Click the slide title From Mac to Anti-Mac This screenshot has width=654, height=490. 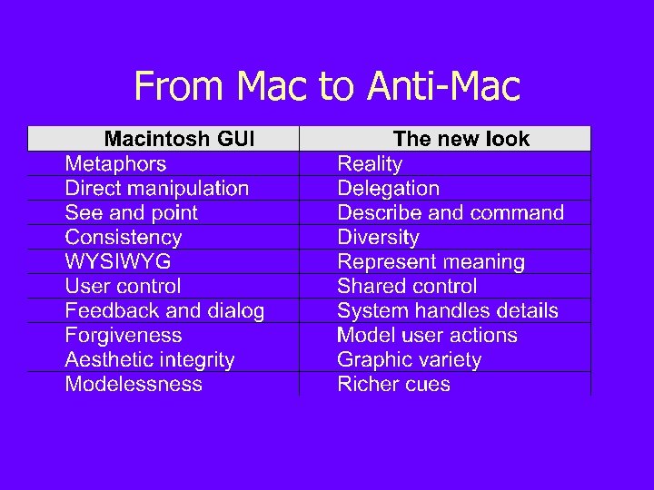pos(327,87)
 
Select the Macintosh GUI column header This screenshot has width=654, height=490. pos(179,139)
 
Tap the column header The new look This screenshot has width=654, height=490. pos(461,139)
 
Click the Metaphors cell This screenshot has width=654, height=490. pos(115,163)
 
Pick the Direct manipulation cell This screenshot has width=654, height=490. pos(156,188)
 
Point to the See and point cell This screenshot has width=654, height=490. pos(131,212)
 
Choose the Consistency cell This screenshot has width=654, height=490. pos(123,237)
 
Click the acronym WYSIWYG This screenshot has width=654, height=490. pos(117,261)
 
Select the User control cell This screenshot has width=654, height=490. pos(123,286)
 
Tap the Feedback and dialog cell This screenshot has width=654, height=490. pos(164,310)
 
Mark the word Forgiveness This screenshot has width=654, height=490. pos(123,335)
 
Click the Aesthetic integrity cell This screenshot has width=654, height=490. pos(149,359)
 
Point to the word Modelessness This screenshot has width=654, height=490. pos(134,384)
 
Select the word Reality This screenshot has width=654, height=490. pos(369,163)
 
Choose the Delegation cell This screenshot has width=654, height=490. pos(388,188)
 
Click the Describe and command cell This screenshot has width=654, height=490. pos(451,212)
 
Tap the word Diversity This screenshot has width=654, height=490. pos(378,237)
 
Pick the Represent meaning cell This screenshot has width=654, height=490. pos(431,261)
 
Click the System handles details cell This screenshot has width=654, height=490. pos(448,310)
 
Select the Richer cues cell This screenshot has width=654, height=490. pos(393,384)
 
